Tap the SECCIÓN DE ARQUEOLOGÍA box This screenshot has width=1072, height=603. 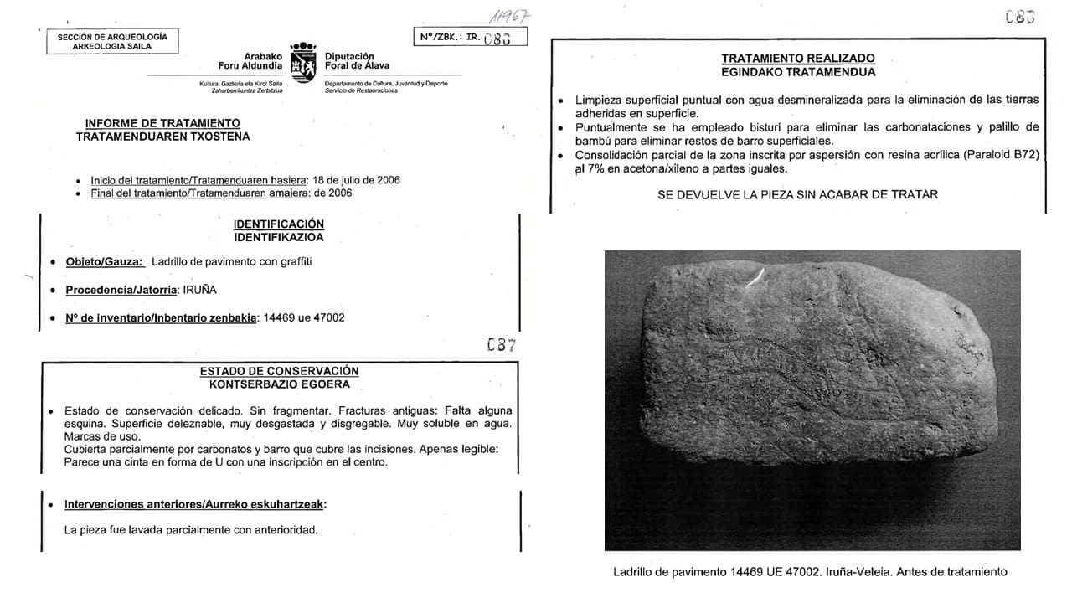112,42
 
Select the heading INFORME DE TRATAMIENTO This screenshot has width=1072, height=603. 162,123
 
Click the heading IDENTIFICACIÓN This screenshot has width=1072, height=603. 279,224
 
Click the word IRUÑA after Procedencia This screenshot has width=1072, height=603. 201,290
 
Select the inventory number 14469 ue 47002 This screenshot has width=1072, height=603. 304,317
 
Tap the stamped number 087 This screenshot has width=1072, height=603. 501,344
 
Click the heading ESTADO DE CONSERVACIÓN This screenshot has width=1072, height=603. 279,371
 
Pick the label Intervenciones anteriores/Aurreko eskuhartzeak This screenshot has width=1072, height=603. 195,504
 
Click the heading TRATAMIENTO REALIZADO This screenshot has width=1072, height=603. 798,59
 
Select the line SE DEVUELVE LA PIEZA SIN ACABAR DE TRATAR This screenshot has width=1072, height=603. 797,194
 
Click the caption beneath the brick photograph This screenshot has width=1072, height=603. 810,572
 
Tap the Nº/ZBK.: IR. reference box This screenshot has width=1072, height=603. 470,37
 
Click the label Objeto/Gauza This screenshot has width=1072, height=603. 105,261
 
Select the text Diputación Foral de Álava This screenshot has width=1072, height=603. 357,60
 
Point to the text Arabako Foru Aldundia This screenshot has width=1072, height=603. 250,60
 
